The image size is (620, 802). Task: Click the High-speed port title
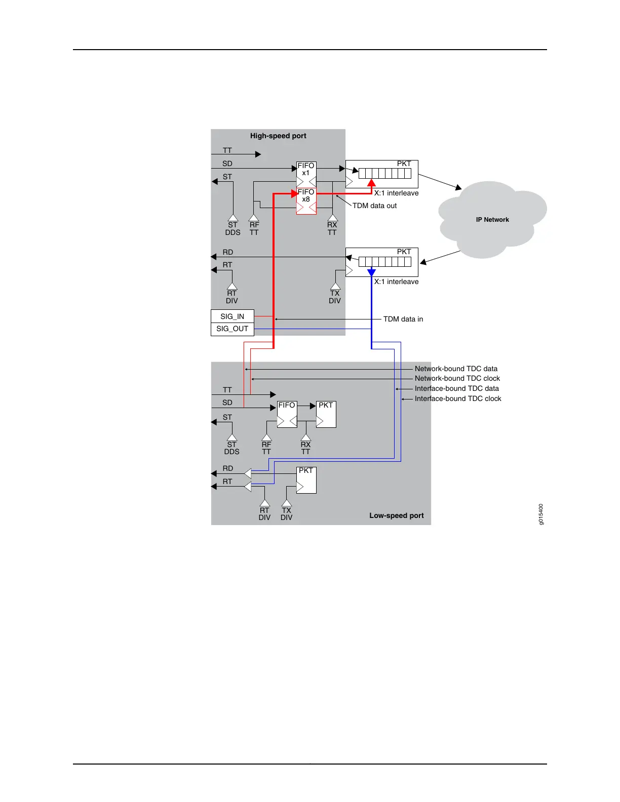coord(278,136)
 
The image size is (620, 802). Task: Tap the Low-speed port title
coord(396,515)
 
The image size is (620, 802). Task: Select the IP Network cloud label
coord(492,220)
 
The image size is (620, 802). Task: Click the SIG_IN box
coord(232,316)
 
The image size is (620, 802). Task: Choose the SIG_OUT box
coord(232,329)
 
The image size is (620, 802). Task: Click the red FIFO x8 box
coord(306,200)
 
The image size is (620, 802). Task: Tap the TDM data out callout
coord(374,206)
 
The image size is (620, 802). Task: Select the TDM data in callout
coord(403,319)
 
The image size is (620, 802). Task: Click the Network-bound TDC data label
coord(456,369)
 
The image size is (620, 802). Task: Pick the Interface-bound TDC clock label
coord(458,398)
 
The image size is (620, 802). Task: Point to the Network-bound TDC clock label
coord(457,378)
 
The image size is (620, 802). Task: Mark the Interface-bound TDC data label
coord(456,388)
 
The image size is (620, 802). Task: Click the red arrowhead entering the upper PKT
coord(371,183)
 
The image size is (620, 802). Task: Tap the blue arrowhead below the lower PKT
coord(371,272)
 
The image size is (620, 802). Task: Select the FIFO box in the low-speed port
coord(287,414)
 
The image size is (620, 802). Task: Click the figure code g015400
coord(541,514)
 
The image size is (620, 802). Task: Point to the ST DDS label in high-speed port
coord(232,228)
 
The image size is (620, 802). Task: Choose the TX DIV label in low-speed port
coord(286,514)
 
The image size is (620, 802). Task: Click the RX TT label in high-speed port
coord(332,228)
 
